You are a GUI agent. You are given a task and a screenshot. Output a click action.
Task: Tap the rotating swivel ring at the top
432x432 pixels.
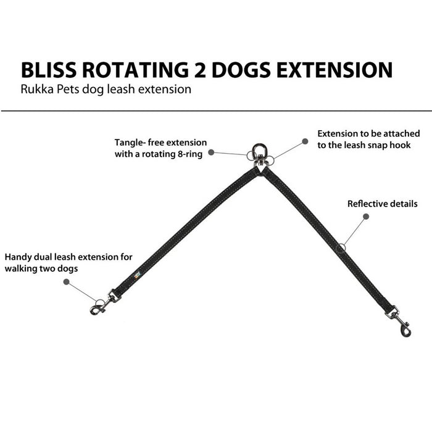tap(259, 152)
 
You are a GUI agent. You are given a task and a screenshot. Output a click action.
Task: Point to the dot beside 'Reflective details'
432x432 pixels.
tap(365, 217)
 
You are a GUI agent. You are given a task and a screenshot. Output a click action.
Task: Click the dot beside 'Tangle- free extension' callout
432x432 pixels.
tap(211, 151)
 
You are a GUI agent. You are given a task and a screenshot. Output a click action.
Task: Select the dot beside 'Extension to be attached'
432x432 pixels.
tap(305, 141)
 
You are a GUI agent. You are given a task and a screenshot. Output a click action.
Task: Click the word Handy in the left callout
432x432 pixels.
tap(18, 257)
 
